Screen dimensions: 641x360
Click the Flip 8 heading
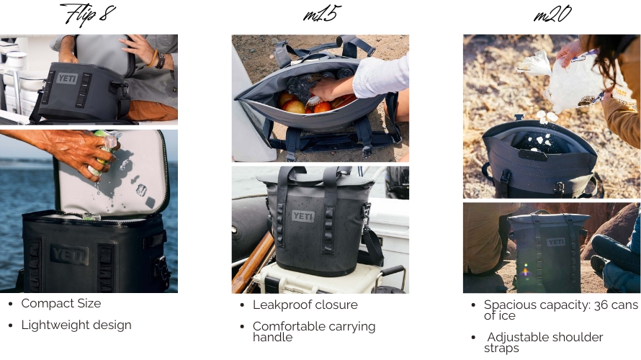pyautogui.click(x=87, y=14)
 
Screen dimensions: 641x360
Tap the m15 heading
pyautogui.click(x=322, y=14)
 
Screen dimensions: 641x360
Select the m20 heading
pyautogui.click(x=552, y=14)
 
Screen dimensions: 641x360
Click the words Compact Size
pyautogui.click(x=61, y=304)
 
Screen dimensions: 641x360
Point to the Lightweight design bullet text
pyautogui.click(x=76, y=325)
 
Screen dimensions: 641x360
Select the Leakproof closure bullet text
pyautogui.click(x=305, y=305)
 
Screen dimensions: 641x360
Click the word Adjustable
pyautogui.click(x=515, y=337)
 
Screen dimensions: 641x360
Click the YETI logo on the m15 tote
pyautogui.click(x=303, y=216)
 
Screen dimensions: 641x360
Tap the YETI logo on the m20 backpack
pyautogui.click(x=556, y=243)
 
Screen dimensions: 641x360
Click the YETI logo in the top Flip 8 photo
pyautogui.click(x=67, y=78)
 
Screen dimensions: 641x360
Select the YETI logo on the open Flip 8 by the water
pyautogui.click(x=69, y=255)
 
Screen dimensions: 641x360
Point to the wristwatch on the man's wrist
pyautogui.click(x=160, y=60)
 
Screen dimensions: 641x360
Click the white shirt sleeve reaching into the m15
pyautogui.click(x=381, y=76)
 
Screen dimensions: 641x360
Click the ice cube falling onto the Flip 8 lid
pyautogui.click(x=141, y=189)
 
